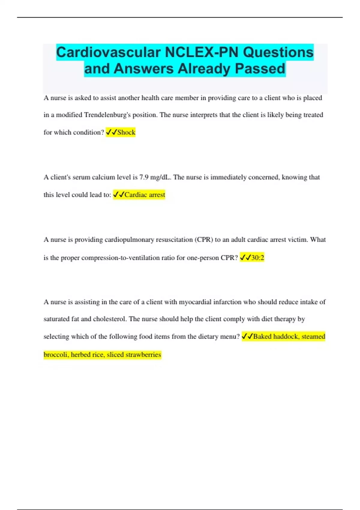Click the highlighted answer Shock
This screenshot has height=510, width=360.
(126, 132)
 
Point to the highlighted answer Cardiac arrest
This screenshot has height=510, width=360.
(145, 195)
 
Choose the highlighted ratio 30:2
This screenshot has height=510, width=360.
(258, 257)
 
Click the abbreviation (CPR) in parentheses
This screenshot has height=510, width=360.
(204, 240)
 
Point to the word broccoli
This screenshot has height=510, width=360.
(56, 355)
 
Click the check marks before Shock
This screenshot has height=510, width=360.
(111, 132)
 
